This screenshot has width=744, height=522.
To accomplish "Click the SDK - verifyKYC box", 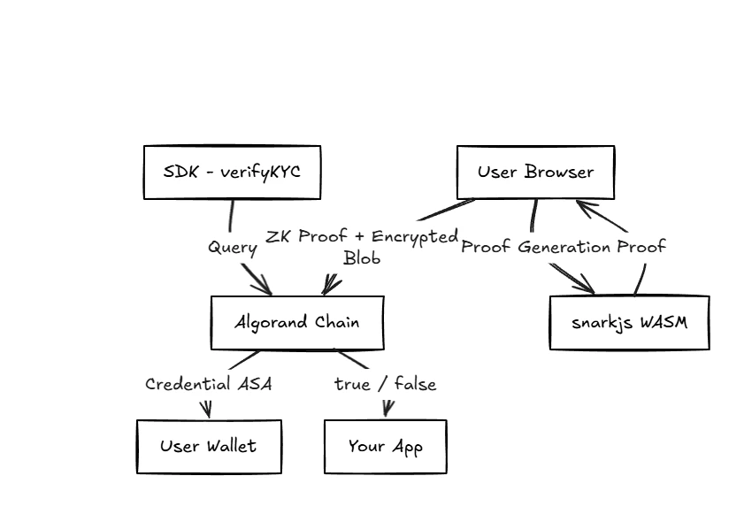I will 232,173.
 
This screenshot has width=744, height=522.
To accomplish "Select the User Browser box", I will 535,173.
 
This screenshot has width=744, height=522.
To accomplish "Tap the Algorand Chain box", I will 297,323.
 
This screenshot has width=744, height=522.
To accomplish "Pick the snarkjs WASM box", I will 629,323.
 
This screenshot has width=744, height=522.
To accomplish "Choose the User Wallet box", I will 209,447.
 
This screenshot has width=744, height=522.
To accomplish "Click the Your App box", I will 385,447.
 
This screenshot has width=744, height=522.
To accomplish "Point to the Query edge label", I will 232,248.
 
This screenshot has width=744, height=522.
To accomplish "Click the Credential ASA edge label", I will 208,384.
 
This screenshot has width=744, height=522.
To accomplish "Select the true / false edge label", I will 385,384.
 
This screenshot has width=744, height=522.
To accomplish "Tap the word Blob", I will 362,258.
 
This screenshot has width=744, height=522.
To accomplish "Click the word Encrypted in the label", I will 415,237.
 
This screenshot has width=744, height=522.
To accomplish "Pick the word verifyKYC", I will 260,172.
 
